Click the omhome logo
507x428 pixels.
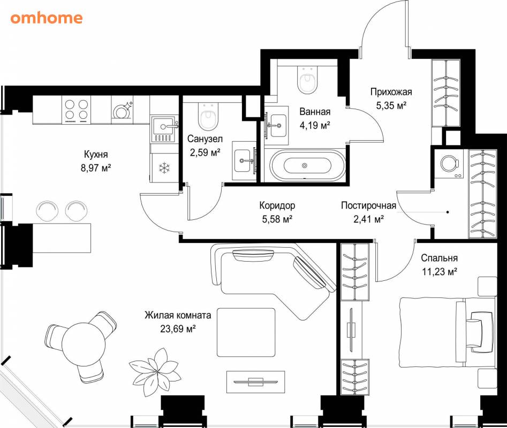(46, 18)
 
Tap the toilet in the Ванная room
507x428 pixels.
(307, 80)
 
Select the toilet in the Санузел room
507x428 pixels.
(208, 116)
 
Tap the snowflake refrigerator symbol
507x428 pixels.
(164, 167)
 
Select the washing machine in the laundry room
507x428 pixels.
(449, 164)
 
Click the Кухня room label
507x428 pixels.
(96, 154)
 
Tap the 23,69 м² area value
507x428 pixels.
(178, 329)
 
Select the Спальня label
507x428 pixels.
(439, 258)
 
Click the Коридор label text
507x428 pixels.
(277, 205)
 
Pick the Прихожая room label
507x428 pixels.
(391, 92)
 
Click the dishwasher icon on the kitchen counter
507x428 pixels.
(122, 110)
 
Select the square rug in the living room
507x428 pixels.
(246, 333)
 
